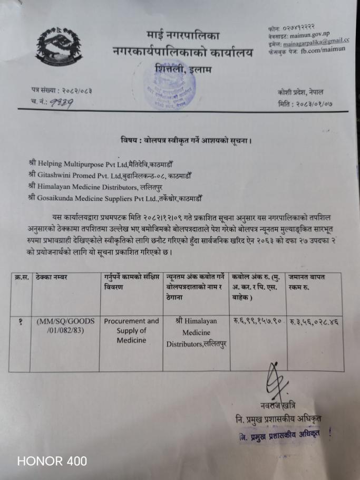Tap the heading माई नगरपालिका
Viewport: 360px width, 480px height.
pyautogui.click(x=183, y=36)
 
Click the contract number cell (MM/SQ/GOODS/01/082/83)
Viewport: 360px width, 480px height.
pyautogui.click(x=67, y=326)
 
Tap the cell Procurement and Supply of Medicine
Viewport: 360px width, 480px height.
pyautogui.click(x=131, y=330)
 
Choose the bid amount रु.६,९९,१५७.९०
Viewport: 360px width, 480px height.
pyautogui.click(x=258, y=321)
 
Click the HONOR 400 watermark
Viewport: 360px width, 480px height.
pyautogui.click(x=52, y=460)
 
